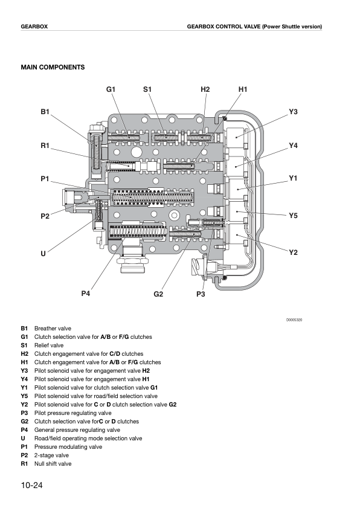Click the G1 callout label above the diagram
111,89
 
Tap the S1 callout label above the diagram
147,89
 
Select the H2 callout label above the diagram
205,89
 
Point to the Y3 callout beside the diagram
293,112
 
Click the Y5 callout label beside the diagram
293,216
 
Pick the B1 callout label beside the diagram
45,112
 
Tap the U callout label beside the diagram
43,254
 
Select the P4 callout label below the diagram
86,294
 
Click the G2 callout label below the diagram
158,294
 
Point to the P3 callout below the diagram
201,294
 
